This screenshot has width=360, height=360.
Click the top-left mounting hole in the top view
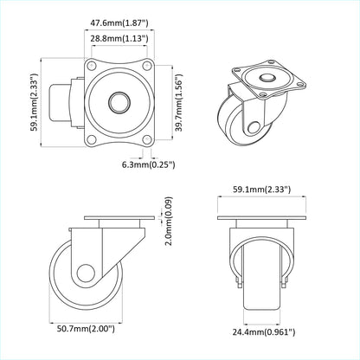click(x=90, y=67)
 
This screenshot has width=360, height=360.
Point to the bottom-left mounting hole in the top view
click(x=90, y=138)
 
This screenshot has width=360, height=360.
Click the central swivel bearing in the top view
click(x=117, y=103)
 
